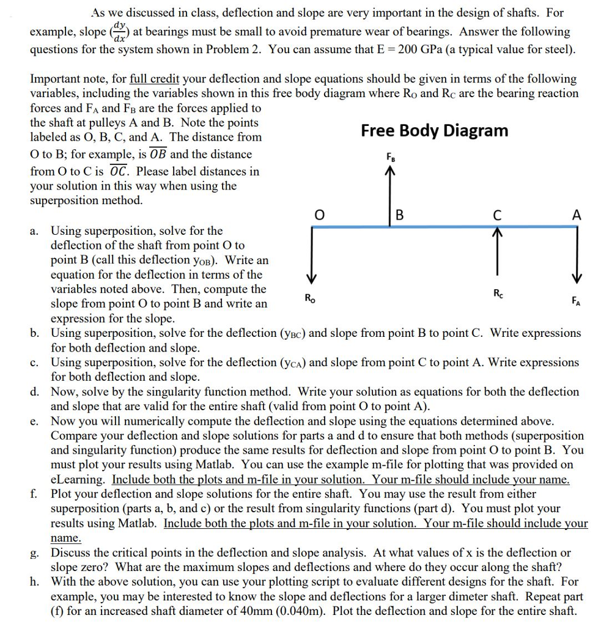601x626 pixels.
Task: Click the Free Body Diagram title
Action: [x=434, y=130]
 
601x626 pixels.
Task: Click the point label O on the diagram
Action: [x=318, y=215]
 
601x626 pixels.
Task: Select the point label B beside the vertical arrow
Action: [x=400, y=215]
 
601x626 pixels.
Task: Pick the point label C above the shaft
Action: [x=498, y=215]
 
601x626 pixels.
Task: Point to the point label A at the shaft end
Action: [x=576, y=215]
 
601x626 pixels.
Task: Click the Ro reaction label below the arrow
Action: [x=310, y=298]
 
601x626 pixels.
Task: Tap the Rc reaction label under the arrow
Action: [x=497, y=292]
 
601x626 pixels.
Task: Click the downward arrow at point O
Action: [x=312, y=254]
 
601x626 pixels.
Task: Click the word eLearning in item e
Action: [x=79, y=480]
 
